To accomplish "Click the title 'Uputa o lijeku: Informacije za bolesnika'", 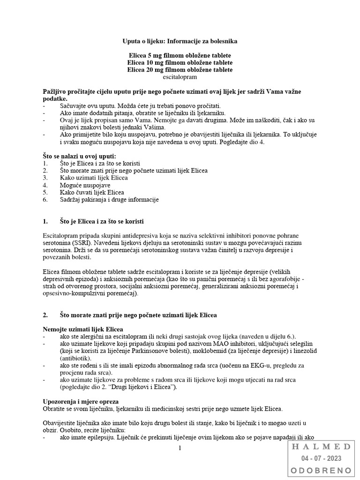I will pos(180,41).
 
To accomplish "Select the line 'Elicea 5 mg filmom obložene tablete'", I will pos(180,55).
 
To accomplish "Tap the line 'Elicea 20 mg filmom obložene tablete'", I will pos(180,69).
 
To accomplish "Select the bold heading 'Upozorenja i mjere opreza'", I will pos(81,402).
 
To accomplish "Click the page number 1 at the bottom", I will pos(180,448).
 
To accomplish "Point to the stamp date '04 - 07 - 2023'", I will pos(322,458).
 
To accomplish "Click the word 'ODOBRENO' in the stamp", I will pos(322,470).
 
